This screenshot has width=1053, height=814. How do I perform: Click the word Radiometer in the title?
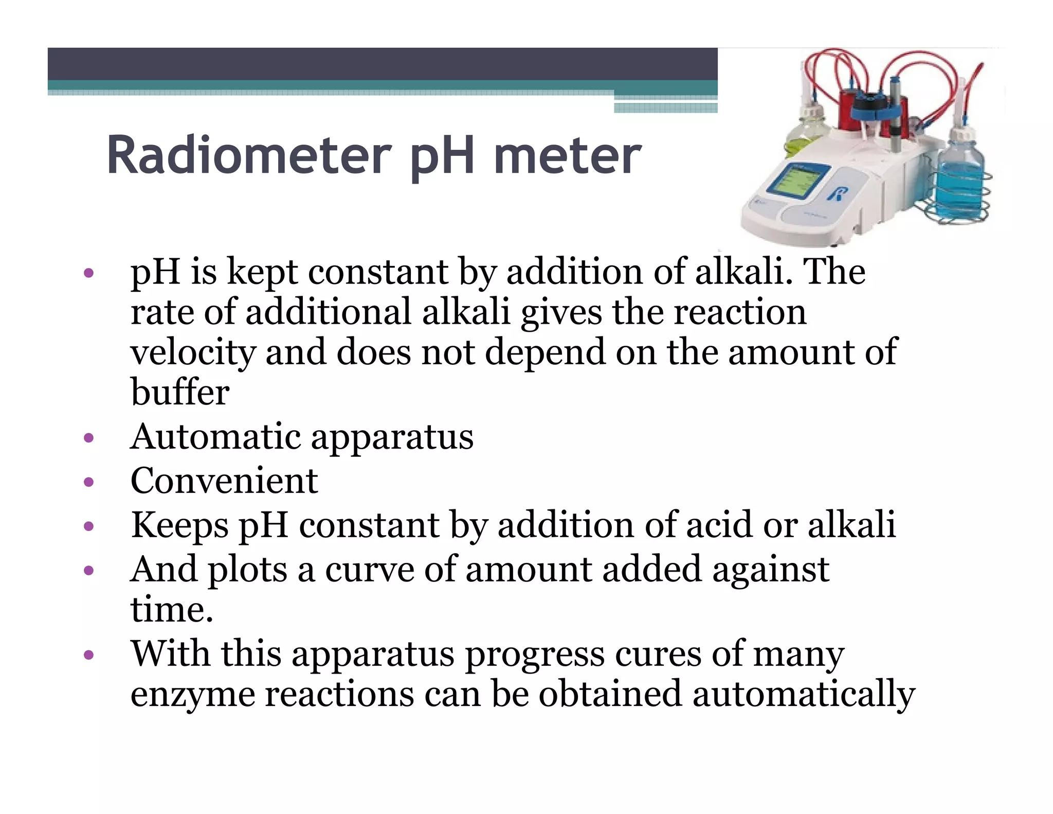249,155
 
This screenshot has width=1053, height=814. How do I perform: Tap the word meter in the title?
567,155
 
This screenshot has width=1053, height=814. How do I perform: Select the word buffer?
179,392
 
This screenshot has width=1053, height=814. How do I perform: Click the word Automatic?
215,437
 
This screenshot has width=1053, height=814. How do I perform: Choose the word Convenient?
224,481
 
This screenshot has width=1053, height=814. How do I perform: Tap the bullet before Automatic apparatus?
89,438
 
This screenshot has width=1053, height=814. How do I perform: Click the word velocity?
193,352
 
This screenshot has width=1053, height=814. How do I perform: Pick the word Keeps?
179,525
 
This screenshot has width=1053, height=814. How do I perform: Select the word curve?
369,570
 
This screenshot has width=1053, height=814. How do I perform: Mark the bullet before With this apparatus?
89,655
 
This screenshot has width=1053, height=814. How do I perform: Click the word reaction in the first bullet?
740,312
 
